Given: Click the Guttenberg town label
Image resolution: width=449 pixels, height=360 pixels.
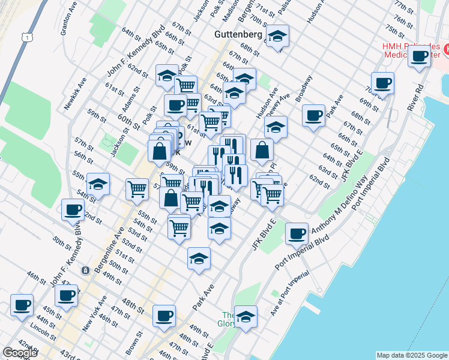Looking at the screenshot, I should [x=238, y=35].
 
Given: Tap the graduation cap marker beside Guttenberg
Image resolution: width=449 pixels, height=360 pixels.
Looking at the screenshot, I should [x=277, y=37].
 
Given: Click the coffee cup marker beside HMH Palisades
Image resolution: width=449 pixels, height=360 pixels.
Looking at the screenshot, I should [x=420, y=56].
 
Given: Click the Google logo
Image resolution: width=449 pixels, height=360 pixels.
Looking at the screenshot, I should [x=20, y=353].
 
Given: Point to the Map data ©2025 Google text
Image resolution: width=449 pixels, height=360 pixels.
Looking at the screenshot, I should [x=411, y=355].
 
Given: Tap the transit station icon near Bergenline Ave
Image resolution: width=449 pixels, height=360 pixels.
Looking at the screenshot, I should [x=86, y=271].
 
